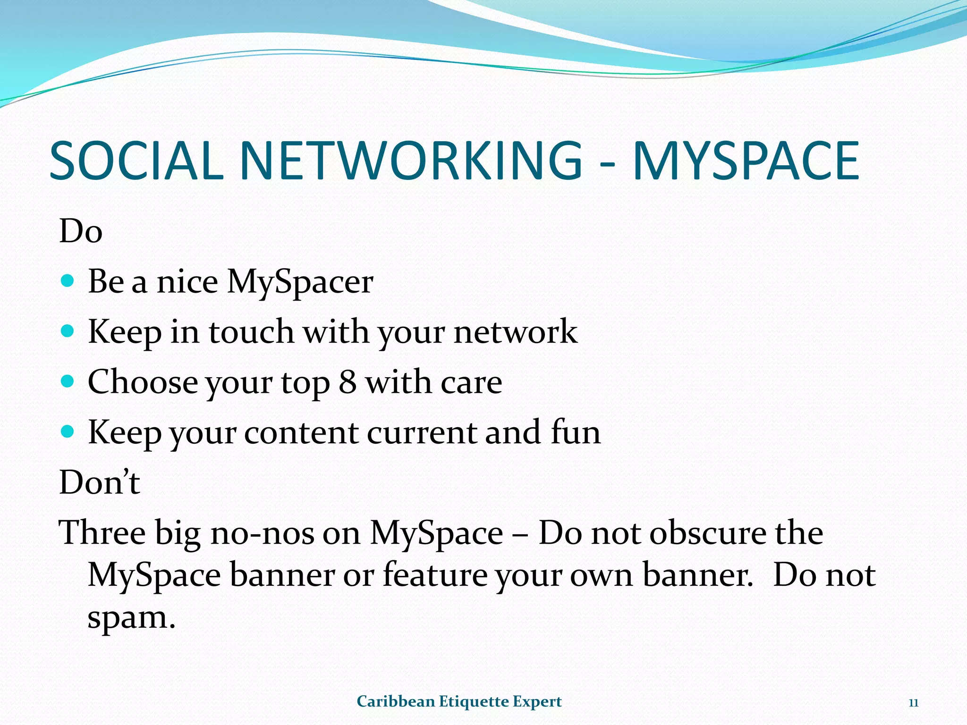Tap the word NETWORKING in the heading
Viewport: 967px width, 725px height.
click(411, 161)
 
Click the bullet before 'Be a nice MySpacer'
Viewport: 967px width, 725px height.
click(68, 281)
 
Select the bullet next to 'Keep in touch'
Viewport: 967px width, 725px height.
click(68, 331)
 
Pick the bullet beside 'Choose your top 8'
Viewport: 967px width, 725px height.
click(68, 381)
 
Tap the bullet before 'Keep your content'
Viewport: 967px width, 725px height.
click(68, 431)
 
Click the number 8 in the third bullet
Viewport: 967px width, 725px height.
click(348, 382)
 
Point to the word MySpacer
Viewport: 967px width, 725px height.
click(300, 282)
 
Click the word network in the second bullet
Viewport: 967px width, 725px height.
click(515, 331)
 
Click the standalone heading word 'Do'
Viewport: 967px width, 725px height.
click(81, 231)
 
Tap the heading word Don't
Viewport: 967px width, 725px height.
click(100, 482)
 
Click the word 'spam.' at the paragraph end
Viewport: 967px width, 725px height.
click(131, 617)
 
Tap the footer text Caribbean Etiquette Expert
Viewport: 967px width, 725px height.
click(459, 701)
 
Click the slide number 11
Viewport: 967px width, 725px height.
click(913, 703)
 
